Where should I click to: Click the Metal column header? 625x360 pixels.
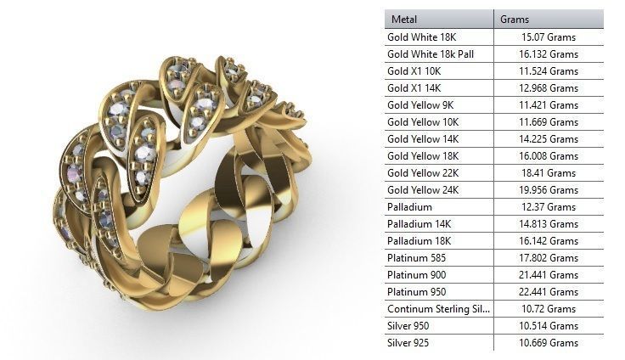(405, 20)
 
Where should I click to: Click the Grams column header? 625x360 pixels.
(515, 20)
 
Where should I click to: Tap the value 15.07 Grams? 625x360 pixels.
(549, 37)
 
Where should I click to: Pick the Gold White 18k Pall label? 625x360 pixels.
(431, 54)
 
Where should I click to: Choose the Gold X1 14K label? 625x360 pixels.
(414, 88)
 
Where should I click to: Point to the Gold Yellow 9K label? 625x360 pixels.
(420, 105)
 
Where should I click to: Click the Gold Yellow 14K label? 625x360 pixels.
(423, 139)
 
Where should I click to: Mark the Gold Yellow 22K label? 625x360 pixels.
(423, 173)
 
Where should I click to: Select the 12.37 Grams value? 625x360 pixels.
(549, 207)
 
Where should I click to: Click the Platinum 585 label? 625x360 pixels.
(416, 258)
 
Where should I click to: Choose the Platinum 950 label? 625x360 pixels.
(416, 292)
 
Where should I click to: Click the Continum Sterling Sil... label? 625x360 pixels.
(438, 309)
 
